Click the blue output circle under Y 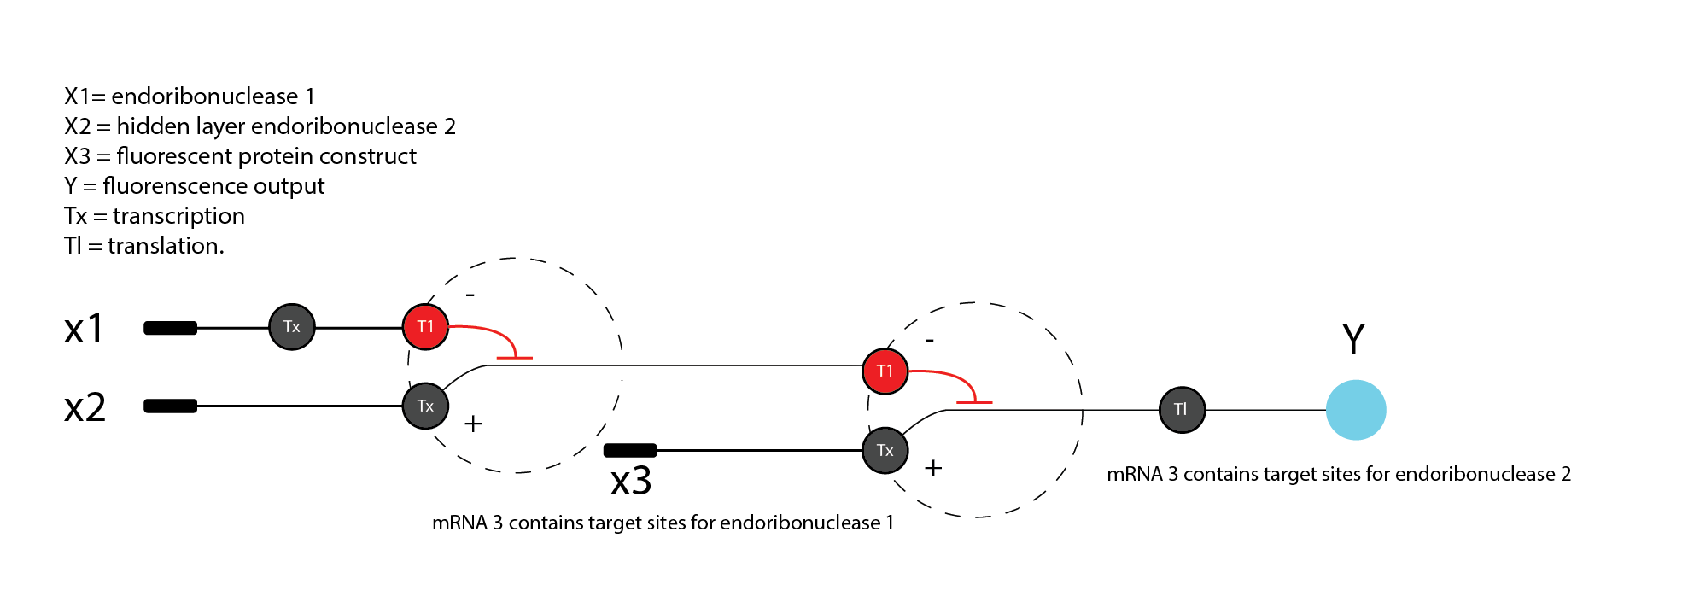1356,410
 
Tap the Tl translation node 1182,410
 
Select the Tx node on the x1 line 292,326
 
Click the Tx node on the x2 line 426,406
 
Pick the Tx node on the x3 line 885,450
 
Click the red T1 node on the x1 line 426,326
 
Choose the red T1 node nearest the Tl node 885,371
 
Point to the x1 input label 84,329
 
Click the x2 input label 85,408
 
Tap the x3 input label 631,482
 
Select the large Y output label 1353,338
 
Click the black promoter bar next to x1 171,328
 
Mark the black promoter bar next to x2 171,406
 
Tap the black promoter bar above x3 630,450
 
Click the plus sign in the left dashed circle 473,424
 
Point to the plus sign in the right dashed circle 933,468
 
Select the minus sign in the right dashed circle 930,341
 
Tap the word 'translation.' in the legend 166,246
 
